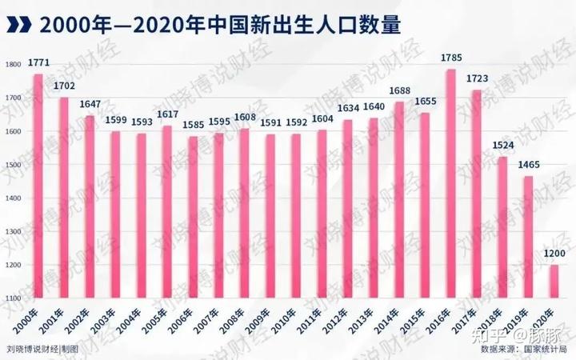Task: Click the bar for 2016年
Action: pos(450,184)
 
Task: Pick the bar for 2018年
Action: pos(501,227)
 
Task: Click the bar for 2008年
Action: pos(244,213)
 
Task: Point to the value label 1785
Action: pos(450,58)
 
